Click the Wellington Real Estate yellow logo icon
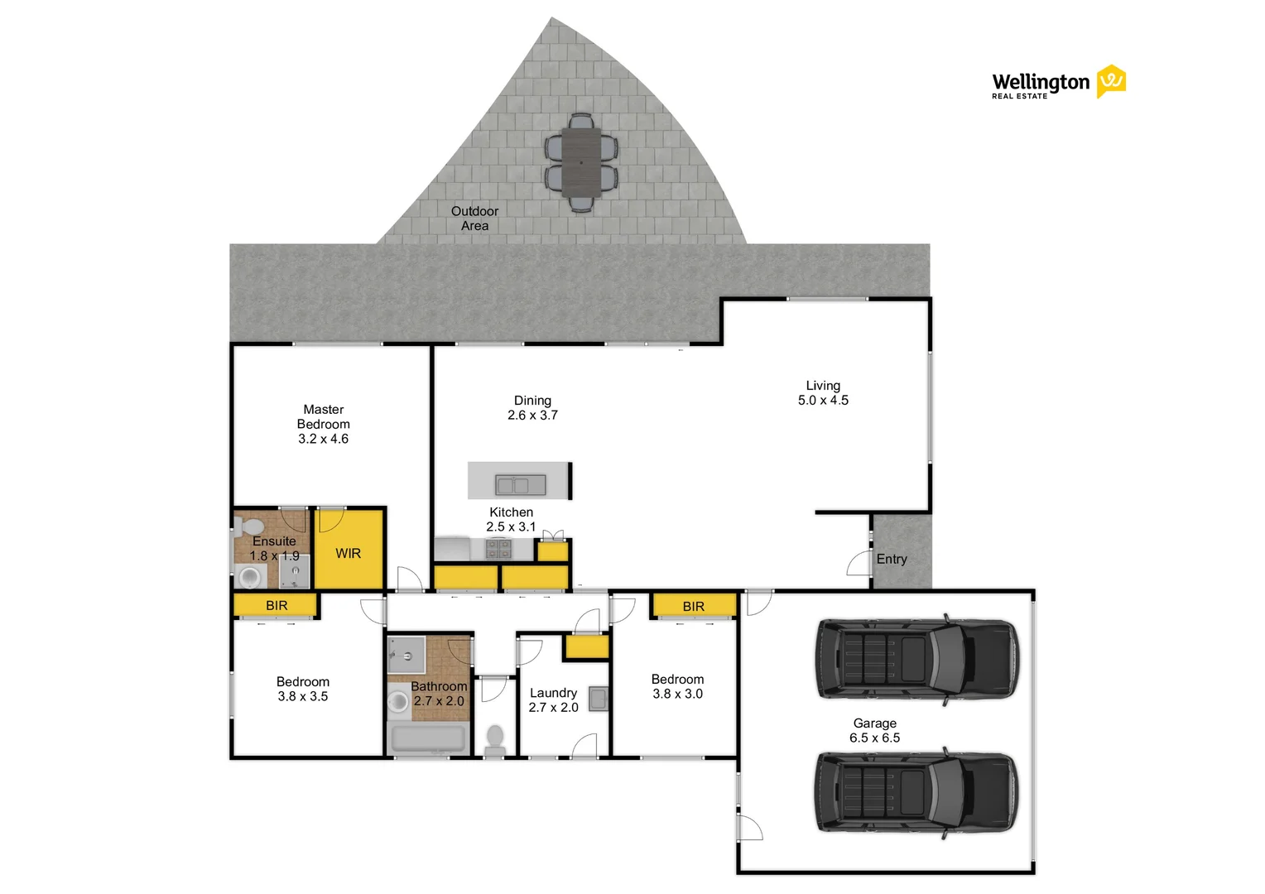[x=1111, y=82]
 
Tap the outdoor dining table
[x=581, y=162]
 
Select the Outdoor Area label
[x=474, y=219]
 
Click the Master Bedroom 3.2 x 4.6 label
[x=323, y=424]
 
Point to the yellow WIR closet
[x=349, y=549]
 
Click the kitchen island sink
[x=520, y=484]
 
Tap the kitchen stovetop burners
[x=498, y=549]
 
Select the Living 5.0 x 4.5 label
[x=823, y=393]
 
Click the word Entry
[x=892, y=559]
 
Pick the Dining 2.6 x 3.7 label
[x=532, y=408]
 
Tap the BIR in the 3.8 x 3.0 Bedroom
[x=694, y=606]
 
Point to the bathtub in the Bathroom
[x=429, y=738]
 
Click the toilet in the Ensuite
[x=247, y=527]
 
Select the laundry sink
[x=598, y=699]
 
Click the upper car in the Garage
[x=917, y=659]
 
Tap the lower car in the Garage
[x=916, y=792]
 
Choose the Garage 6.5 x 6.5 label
[x=874, y=730]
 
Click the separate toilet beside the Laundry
[x=495, y=740]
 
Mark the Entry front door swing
[x=859, y=563]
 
